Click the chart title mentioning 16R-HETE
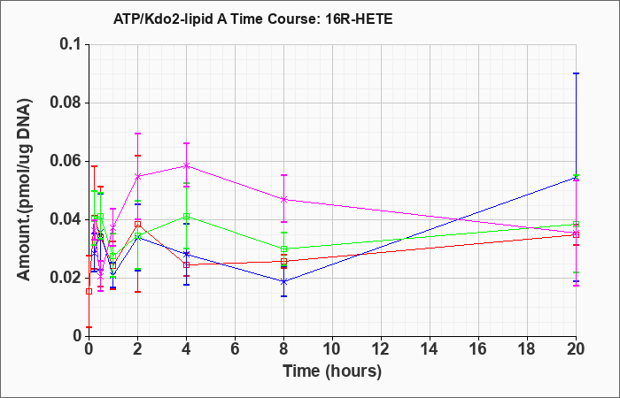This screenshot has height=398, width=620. click(253, 19)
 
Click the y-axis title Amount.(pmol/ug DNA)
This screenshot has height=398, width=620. click(24, 190)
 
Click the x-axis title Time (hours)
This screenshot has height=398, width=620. click(332, 371)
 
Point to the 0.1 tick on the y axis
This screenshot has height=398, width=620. click(74, 44)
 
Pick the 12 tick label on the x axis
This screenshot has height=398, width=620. click(381, 349)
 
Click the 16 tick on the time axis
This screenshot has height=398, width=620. click(478, 349)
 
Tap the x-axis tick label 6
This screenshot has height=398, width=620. click(235, 349)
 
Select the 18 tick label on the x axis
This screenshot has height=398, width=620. click(527, 349)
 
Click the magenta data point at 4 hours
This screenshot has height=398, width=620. click(186, 166)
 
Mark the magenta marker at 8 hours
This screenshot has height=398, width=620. click(283, 199)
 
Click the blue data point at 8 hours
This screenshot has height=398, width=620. click(283, 281)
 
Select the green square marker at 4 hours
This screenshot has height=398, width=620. click(186, 217)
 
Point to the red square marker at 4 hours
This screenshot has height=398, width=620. click(186, 264)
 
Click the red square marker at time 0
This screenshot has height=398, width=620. click(89, 291)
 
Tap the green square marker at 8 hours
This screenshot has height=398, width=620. click(283, 249)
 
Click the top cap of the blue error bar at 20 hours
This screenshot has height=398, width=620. click(576, 73)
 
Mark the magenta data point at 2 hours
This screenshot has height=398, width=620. click(137, 176)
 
